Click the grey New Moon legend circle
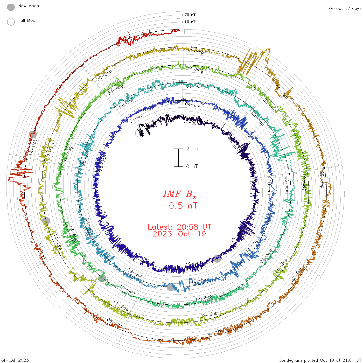tap(11, 7)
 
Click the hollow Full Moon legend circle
tap(11, 22)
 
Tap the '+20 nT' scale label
tap(189, 15)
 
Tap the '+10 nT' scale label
tap(189, 22)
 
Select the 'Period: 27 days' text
tap(345, 8)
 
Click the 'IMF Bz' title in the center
tap(179, 194)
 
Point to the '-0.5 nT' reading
tap(179, 206)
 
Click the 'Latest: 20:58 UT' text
tap(179, 227)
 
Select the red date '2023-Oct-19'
tap(179, 234)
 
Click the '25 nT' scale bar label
tap(193, 149)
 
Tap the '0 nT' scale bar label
tap(192, 166)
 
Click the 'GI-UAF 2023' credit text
tap(15, 360)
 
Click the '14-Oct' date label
tap(33, 148)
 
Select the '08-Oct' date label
tap(115, 323)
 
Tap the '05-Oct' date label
tap(215, 332)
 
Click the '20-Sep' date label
tap(104, 75)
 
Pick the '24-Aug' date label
tap(116, 89)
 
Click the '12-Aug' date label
tap(204, 298)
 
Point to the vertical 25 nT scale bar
tap(178, 158)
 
